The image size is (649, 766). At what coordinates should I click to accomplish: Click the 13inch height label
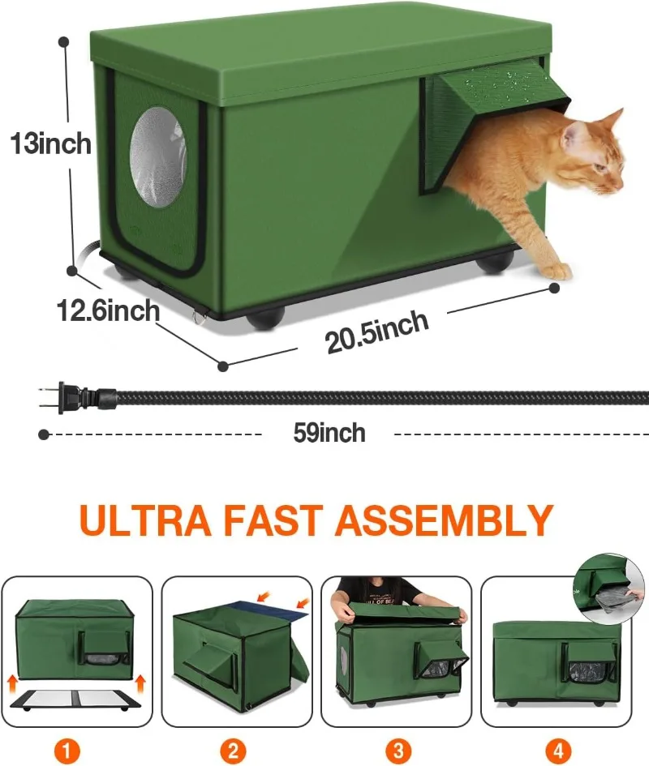pos(51,144)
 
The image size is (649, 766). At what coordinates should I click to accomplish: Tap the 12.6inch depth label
pos(108,310)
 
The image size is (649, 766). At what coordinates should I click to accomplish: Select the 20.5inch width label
pos(377,332)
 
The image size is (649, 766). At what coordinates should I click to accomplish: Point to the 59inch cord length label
pos(329,433)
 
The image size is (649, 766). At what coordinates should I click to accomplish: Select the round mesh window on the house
pos(158,156)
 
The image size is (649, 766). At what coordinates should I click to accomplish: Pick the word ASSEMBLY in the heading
pos(445,520)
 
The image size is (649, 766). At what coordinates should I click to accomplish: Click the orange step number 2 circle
pos(233,750)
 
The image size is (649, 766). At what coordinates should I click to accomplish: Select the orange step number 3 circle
pos(398,750)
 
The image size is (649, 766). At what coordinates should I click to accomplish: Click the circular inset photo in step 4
pos(609,588)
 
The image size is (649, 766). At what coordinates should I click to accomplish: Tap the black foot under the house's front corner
pos(265,319)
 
